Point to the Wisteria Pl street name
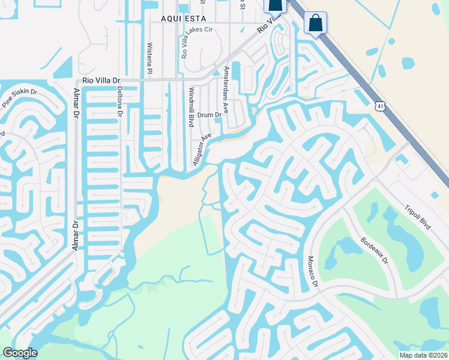[x=150, y=56]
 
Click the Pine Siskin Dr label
[x=20, y=98]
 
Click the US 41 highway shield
[x=380, y=106]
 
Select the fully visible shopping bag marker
[x=315, y=23]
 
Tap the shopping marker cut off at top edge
[x=274, y=5]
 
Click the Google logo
[x=19, y=353]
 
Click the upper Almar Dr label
[x=76, y=101]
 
